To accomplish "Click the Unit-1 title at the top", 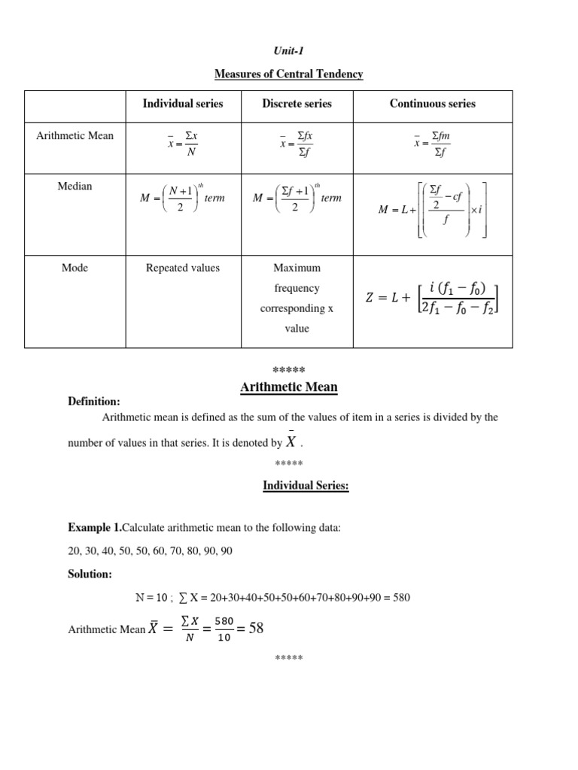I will tap(288, 50).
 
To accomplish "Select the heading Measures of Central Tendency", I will tap(288, 74).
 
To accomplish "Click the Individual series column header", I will tap(183, 104).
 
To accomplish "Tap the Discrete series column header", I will tap(297, 104).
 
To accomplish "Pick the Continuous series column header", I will tap(432, 104).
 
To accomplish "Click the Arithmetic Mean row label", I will tap(75, 135).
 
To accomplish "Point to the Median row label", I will tap(75, 186).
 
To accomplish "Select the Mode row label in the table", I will tap(75, 268).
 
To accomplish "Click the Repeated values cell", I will tap(183, 268).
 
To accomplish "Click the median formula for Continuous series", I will tap(433, 209).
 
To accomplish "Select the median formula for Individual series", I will tap(183, 198).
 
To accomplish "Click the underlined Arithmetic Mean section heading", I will tap(288, 387).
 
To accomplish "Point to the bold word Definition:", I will tap(94, 402).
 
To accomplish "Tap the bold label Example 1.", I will tap(94, 529).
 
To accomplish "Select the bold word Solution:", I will tap(90, 574).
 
